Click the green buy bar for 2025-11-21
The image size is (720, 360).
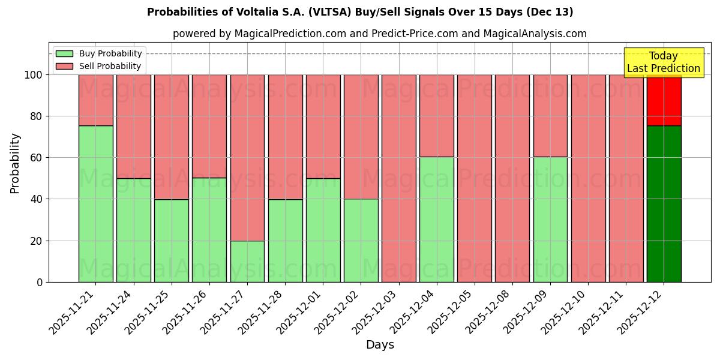(x=95, y=204)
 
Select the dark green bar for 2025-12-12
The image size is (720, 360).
(x=664, y=204)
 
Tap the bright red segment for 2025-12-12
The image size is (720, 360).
(x=664, y=100)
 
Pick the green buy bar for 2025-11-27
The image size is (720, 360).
(x=247, y=261)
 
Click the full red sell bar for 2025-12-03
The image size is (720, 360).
(x=398, y=178)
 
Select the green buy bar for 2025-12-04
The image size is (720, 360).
(x=437, y=219)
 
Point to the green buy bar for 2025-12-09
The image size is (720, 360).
(x=550, y=219)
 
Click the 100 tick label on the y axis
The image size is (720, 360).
(x=33, y=75)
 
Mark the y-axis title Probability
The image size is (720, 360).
(x=15, y=163)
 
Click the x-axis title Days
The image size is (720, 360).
(x=380, y=345)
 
